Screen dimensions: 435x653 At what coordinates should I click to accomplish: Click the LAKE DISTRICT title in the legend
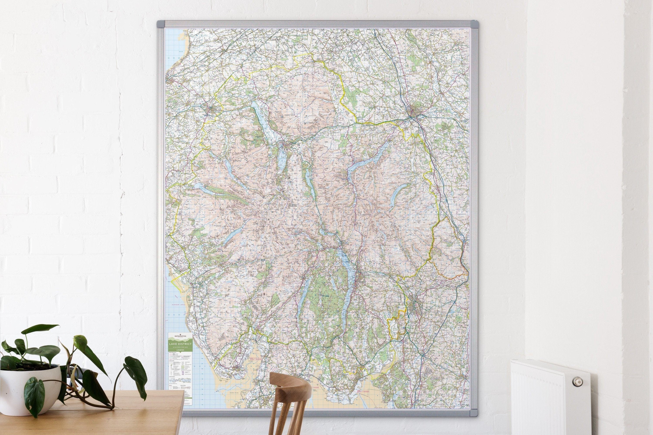click(181, 344)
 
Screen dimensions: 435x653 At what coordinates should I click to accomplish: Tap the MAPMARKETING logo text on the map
click(181, 336)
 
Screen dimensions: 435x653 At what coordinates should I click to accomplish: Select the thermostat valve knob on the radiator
click(578, 382)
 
